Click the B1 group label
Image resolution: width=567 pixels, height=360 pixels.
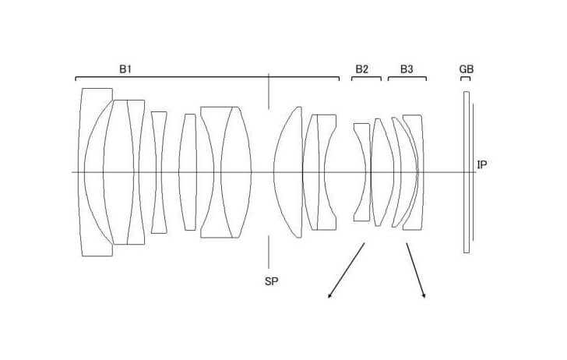click(x=125, y=69)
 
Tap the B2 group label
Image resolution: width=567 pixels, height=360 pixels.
click(x=361, y=69)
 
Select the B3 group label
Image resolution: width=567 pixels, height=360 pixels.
click(x=407, y=69)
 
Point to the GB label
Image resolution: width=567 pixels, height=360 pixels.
click(x=466, y=69)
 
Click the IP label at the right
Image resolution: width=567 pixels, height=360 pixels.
click(x=482, y=165)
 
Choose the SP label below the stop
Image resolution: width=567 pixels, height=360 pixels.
click(x=272, y=281)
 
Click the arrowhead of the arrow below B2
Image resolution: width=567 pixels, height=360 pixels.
click(x=329, y=296)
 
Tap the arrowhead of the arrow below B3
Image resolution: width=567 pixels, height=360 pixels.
click(x=424, y=296)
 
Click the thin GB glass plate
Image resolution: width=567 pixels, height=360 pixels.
click(x=467, y=172)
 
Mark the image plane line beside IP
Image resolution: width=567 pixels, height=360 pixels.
click(x=473, y=172)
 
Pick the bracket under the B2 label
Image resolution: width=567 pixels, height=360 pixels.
click(x=366, y=77)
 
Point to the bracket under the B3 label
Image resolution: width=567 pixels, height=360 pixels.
click(x=407, y=77)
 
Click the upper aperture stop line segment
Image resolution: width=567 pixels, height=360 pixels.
click(x=268, y=91)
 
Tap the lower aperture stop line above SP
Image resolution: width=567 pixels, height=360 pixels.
click(x=268, y=252)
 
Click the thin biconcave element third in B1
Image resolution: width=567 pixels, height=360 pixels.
click(x=159, y=172)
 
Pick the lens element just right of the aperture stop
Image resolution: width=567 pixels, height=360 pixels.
click(x=288, y=172)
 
